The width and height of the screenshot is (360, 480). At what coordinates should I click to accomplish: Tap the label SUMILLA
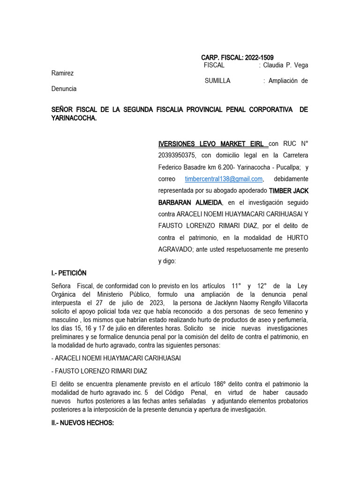[x=217, y=81]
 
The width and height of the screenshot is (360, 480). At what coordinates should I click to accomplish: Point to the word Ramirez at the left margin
[x=62, y=73]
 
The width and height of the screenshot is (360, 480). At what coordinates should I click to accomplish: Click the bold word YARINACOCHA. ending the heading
[x=74, y=118]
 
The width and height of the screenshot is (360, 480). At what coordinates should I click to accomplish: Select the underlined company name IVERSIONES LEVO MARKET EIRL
[x=211, y=143]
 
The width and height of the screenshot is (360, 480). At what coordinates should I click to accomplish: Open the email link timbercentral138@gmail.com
[x=224, y=179]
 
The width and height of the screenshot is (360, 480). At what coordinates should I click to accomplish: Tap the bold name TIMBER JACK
[x=289, y=191]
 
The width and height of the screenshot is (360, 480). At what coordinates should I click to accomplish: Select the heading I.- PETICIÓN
[x=69, y=273]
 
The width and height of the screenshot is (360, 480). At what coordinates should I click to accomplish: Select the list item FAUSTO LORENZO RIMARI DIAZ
[x=101, y=371]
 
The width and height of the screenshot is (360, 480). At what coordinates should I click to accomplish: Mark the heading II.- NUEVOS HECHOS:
[x=82, y=422]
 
